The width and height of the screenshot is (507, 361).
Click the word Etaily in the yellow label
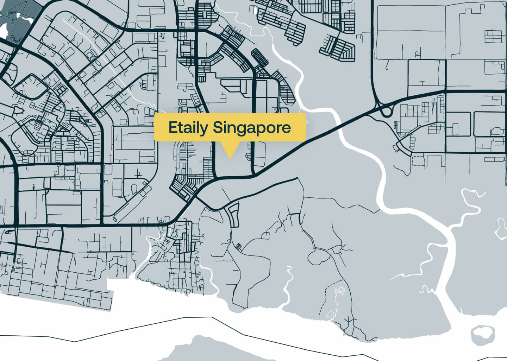[188, 128]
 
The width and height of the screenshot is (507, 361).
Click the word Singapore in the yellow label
[252, 128]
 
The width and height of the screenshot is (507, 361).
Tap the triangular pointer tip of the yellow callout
[230, 157]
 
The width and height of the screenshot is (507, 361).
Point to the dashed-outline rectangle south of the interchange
[419, 161]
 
